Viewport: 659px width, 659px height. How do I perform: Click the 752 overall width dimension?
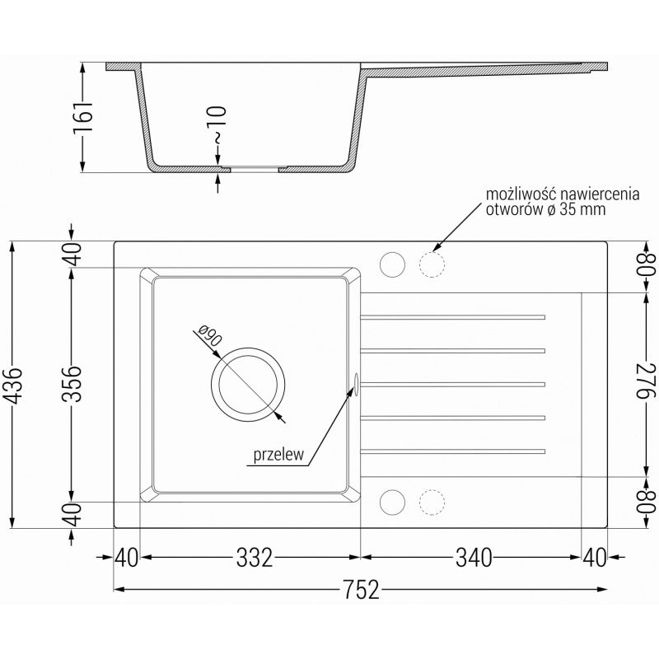(361, 589)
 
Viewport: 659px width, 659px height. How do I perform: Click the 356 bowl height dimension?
(73, 385)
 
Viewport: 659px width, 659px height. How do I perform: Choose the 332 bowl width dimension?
(253, 558)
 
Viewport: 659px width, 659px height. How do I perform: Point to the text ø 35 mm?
(577, 210)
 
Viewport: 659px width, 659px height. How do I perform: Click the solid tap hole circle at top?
(391, 264)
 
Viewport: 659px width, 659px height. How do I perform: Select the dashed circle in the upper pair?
(431, 264)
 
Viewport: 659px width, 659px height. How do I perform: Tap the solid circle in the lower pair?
(391, 502)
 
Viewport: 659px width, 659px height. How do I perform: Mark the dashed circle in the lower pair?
(431, 502)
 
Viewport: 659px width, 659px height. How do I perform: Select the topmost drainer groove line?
(453, 315)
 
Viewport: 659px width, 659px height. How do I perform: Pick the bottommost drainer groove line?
(453, 451)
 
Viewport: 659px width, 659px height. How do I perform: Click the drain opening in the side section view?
(255, 169)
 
